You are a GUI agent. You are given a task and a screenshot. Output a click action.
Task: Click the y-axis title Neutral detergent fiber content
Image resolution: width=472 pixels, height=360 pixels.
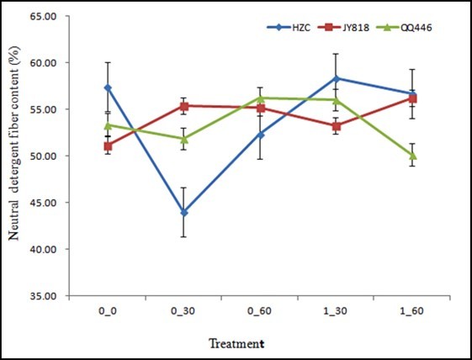(x=14, y=156)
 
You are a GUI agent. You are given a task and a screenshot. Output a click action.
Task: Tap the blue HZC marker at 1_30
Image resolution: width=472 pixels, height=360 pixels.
(x=337, y=78)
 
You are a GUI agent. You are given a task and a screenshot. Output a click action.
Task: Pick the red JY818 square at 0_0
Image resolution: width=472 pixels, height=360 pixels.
(x=108, y=146)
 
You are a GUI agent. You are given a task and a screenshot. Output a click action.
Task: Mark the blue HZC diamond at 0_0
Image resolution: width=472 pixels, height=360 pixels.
(x=108, y=87)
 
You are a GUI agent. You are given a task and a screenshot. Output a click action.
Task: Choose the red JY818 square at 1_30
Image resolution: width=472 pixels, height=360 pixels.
(x=337, y=126)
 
